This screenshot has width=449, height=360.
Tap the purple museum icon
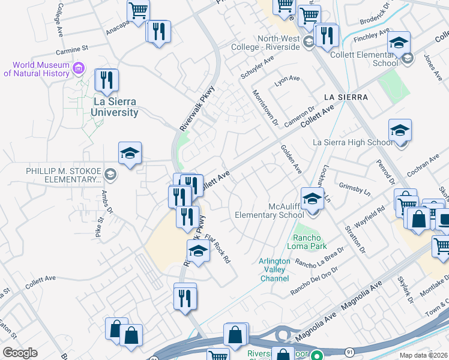[78, 68]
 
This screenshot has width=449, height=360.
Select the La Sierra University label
[115, 107]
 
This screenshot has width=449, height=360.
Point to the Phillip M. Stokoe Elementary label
[64, 175]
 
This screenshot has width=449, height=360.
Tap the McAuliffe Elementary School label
[269, 211]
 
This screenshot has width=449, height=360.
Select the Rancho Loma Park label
[311, 242]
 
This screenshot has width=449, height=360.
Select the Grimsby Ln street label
[353, 189]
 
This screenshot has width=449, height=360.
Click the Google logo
[20, 353]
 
